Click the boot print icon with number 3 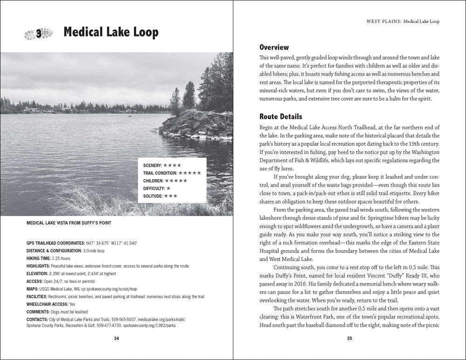click(37, 33)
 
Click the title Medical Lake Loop click(111, 32)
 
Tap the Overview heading click(274, 48)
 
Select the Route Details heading click(281, 116)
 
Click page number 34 click(116, 338)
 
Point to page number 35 click(349, 338)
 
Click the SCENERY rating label click(152, 165)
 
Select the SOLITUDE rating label click(153, 196)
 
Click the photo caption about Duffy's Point click(69, 223)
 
